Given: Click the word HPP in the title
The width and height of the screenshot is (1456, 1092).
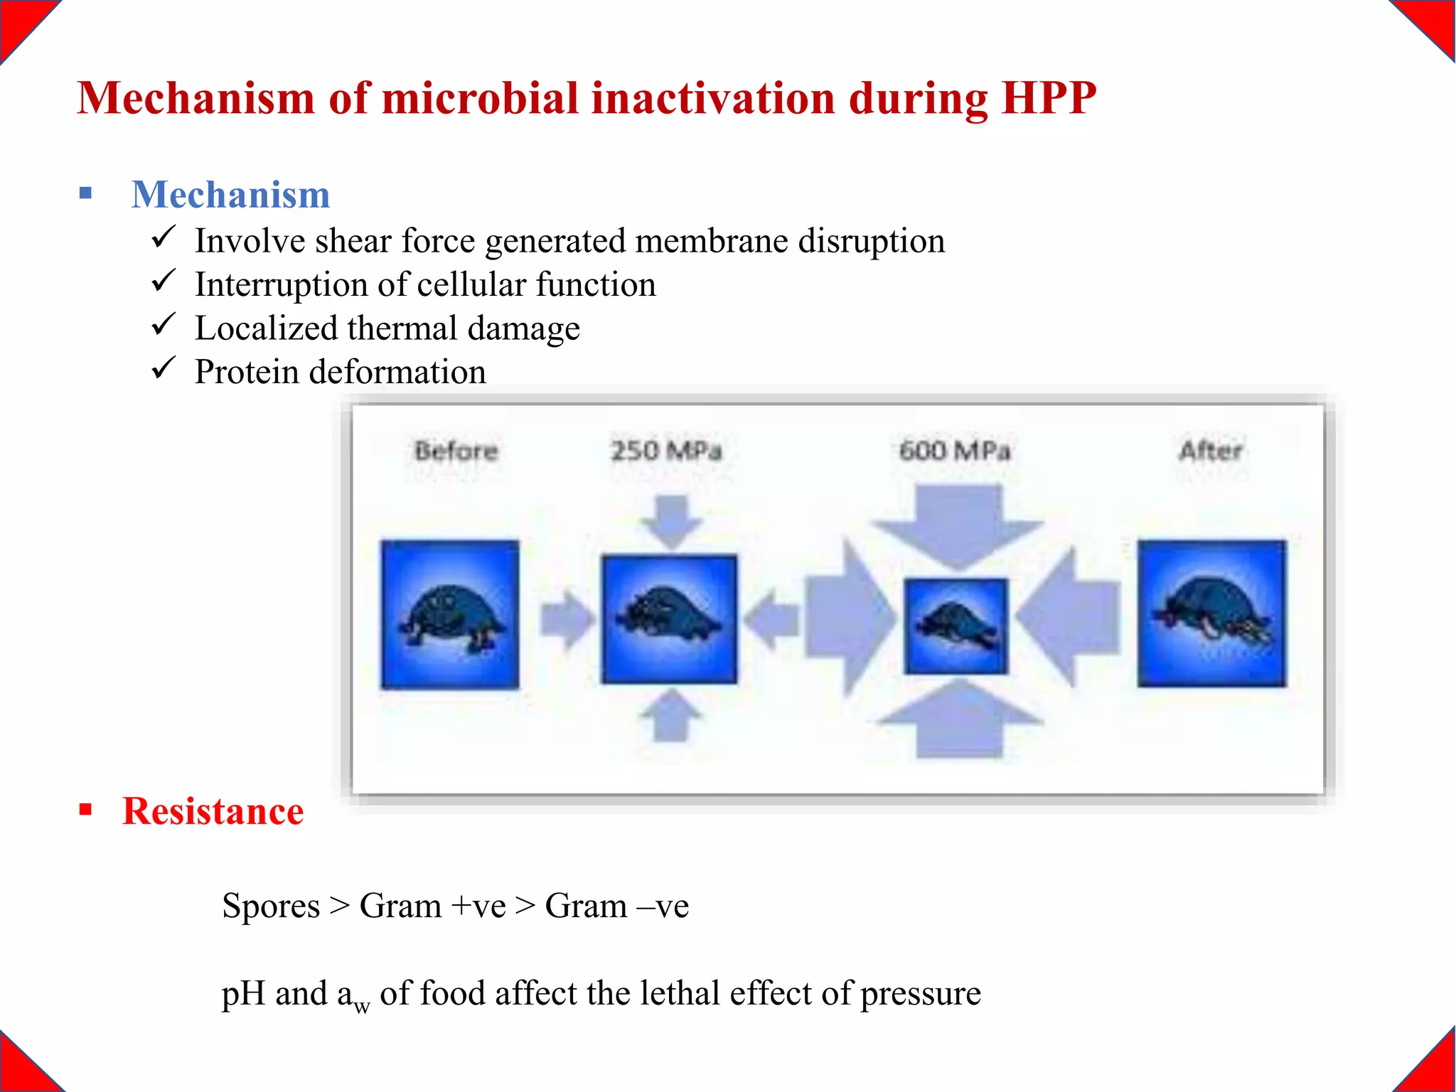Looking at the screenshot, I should click(x=1048, y=97).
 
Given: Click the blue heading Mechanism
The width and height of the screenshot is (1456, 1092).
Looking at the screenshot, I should click(x=230, y=195).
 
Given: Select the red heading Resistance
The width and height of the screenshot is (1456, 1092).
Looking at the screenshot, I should click(x=213, y=811).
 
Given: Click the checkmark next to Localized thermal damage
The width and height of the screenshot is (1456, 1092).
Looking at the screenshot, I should click(x=163, y=325).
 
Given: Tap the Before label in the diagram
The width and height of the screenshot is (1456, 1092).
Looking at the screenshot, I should click(x=456, y=451).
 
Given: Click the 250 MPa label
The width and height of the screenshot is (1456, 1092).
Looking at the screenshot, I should click(x=666, y=451).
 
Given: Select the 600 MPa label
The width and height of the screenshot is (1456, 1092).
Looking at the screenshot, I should click(x=954, y=451).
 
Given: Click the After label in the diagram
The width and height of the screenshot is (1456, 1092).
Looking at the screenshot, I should click(x=1210, y=451).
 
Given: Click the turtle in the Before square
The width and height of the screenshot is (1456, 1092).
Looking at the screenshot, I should click(x=450, y=616).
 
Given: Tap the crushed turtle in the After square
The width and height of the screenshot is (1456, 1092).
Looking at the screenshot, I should click(x=1211, y=613).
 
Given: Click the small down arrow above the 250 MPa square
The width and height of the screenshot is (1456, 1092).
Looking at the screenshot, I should click(x=670, y=521).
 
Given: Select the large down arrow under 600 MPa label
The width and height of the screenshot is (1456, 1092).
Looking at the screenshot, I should click(x=958, y=526).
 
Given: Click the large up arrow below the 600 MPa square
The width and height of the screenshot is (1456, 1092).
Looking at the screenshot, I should click(x=959, y=719).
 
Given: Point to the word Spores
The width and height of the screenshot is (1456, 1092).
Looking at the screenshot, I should click(x=271, y=906).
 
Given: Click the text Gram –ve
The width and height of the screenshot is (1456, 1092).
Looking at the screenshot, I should click(x=616, y=906).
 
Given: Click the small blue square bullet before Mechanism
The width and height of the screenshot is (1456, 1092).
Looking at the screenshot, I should click(x=86, y=193).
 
